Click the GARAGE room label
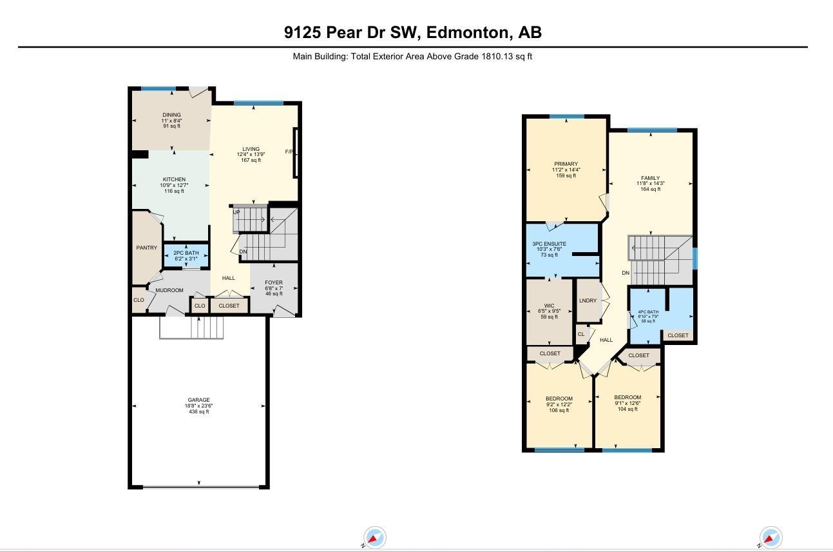pos(198,400)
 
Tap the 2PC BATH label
pos(186,253)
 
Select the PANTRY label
pos(146,248)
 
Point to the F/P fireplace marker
pos(289,152)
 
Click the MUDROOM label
pos(169,290)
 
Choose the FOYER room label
pos(274,282)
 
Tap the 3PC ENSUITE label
pos(549,244)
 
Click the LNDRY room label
pos(587,301)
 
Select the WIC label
pos(550,306)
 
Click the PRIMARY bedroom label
pos(566,164)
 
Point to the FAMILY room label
pos(650,178)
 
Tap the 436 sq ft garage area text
pos(198,411)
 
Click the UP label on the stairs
pos(236,212)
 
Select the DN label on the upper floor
pos(626,273)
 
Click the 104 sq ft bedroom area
pos(627,410)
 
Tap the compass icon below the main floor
pos(374,537)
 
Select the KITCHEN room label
pos(174,179)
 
